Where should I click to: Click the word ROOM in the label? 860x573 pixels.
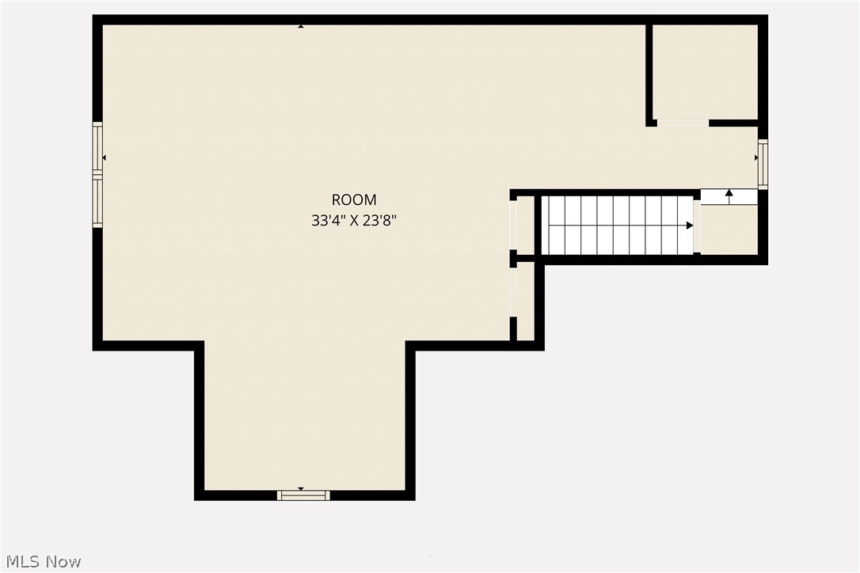coord(354,200)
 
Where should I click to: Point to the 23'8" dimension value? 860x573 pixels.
coord(379,221)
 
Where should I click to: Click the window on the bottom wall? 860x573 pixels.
coord(303,495)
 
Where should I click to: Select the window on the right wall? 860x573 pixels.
coord(763,164)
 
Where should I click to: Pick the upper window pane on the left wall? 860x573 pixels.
coord(97,147)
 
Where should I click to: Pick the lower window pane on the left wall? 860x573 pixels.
coord(97,203)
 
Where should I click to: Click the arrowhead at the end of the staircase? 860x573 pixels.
coord(690,226)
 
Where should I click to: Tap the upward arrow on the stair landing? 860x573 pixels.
coord(729,192)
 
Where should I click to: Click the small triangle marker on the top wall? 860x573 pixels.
coord(301,26)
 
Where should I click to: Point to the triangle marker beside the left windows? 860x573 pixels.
coord(105,157)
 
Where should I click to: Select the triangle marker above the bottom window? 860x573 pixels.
coord(301,488)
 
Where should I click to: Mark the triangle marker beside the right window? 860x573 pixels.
coord(755,157)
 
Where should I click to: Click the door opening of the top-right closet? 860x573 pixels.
coord(683,123)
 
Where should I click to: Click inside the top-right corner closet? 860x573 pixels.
coord(705,71)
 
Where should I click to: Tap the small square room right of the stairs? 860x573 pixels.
coord(729,230)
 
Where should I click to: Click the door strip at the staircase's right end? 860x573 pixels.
coord(697,226)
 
